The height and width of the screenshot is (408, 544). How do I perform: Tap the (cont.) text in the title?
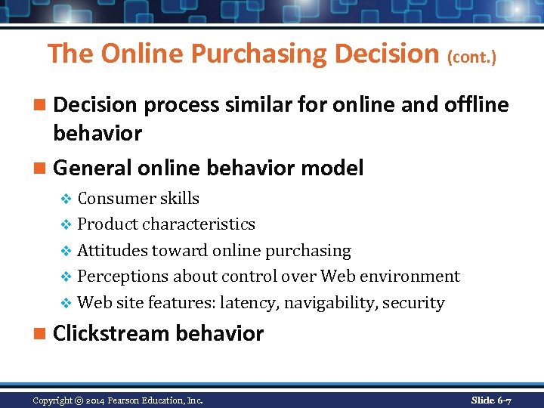click(472, 57)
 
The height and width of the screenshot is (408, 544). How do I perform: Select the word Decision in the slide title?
click(391, 54)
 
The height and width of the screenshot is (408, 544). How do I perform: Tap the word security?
click(413, 303)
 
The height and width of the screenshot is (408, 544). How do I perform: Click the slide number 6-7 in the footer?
click(502, 400)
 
